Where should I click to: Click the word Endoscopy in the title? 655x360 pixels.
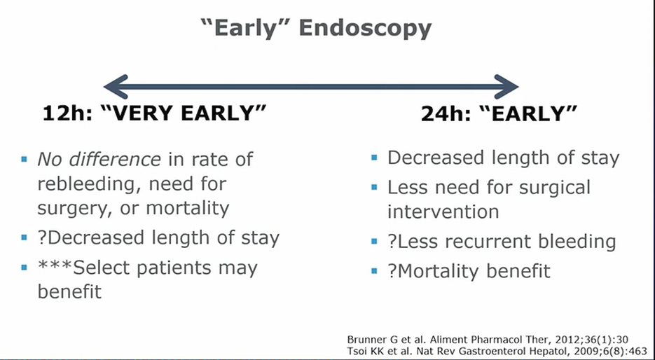pyautogui.click(x=366, y=29)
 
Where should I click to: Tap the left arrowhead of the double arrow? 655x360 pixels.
pyautogui.click(x=116, y=87)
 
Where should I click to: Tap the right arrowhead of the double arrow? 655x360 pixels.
pyautogui.click(x=506, y=87)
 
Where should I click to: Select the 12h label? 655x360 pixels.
pyautogui.click(x=67, y=113)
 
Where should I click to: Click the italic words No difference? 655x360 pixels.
pyautogui.click(x=99, y=159)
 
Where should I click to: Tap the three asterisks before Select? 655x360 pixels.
pyautogui.click(x=55, y=264)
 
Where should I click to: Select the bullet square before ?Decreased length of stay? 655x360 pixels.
pyautogui.click(x=25, y=238)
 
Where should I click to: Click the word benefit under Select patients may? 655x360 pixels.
pyautogui.click(x=69, y=291)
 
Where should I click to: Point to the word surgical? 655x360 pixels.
pyautogui.click(x=555, y=188)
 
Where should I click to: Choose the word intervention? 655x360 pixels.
pyautogui.click(x=443, y=212)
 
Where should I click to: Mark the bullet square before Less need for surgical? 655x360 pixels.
pyautogui.click(x=374, y=187)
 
